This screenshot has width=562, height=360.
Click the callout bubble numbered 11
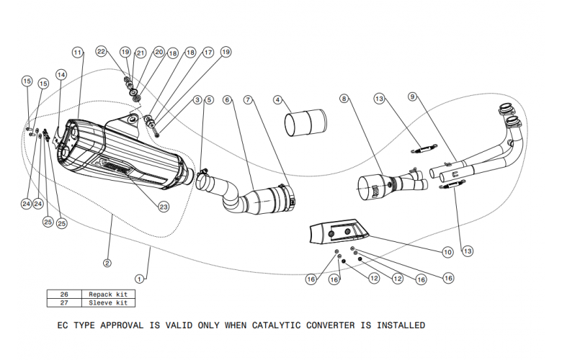point(78,53)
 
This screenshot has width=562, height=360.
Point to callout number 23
point(164,207)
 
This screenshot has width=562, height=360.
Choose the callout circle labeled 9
point(412,96)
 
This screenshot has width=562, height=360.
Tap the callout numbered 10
point(447,252)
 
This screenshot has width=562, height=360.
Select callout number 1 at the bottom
point(140,276)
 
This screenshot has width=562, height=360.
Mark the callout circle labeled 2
point(107,263)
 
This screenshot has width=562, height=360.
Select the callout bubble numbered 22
point(102,51)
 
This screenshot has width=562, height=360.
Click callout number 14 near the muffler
point(61,74)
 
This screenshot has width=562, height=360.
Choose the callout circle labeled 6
point(227,99)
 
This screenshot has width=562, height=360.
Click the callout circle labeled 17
point(208,53)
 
